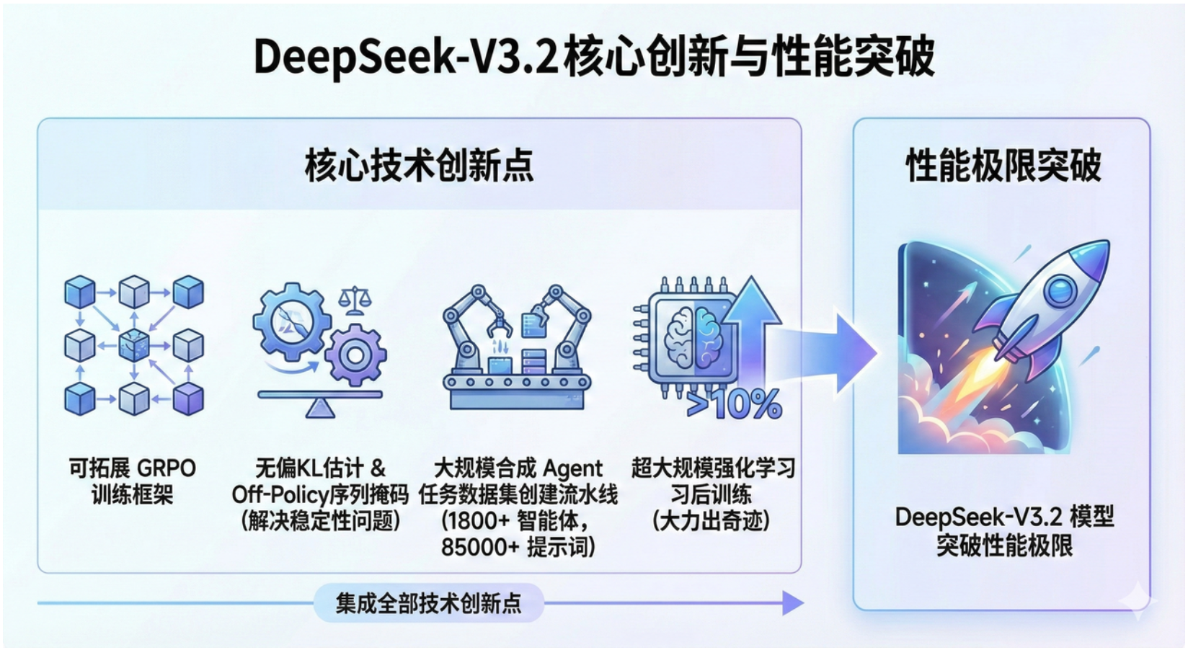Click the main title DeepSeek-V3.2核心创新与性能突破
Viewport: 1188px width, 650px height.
coord(594,57)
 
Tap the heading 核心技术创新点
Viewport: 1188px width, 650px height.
coord(419,166)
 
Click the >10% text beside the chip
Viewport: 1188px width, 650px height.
coord(735,404)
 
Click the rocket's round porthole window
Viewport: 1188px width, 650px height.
coord(1060,290)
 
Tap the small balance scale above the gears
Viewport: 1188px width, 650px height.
coord(354,300)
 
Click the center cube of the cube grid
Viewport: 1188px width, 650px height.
coord(134,345)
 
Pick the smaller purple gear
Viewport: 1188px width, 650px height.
coord(355,355)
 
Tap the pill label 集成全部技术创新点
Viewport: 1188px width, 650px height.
coord(428,603)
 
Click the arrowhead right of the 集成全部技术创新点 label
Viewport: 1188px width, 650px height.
coord(793,603)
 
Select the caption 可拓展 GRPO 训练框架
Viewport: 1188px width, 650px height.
coord(133,481)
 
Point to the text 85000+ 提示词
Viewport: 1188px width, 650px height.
coord(518,547)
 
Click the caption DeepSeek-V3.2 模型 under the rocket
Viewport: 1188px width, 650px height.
coord(1004,517)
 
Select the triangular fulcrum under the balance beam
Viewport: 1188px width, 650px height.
coord(320,409)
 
